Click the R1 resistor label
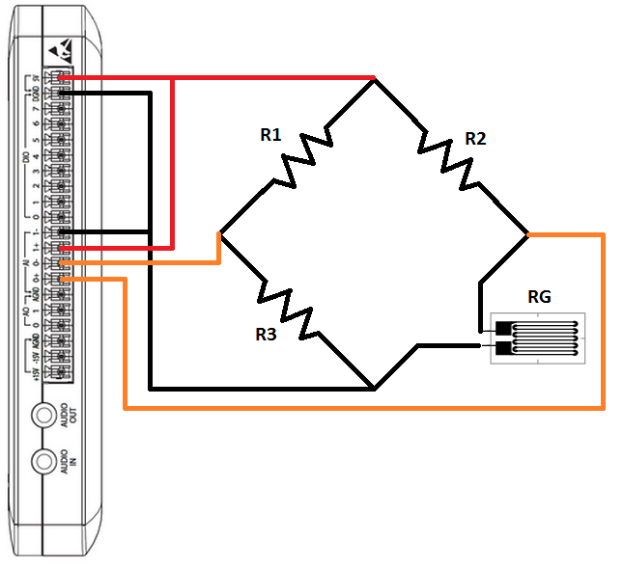270,135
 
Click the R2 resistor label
475,139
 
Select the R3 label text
267,335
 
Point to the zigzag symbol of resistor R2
447,157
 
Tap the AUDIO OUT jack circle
43,416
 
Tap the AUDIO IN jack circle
43,462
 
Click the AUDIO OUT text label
66,416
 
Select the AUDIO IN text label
66,462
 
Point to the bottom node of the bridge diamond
374,390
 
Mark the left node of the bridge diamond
221,233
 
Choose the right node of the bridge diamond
527,233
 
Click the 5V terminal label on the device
34,78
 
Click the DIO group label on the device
26,160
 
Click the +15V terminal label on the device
34,371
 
